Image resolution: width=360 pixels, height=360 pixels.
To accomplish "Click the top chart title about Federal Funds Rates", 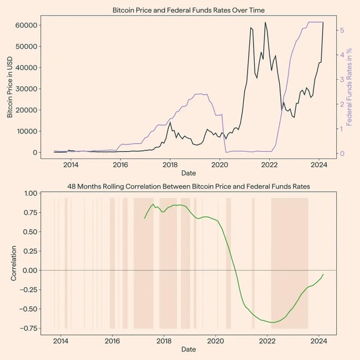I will click(x=188, y=11).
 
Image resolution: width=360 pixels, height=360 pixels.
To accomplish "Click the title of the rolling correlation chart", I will click(x=188, y=187).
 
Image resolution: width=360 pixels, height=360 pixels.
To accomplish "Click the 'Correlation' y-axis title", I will click(x=14, y=263).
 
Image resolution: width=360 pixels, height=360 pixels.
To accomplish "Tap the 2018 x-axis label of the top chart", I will click(x=170, y=164).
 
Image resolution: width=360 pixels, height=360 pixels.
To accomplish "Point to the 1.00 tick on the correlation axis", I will click(x=27, y=193).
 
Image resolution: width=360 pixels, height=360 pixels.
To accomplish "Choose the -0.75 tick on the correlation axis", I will click(x=26, y=328).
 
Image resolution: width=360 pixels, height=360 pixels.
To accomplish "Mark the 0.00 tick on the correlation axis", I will click(x=27, y=270).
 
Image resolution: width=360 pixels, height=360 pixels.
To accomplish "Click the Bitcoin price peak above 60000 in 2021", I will click(x=265, y=23).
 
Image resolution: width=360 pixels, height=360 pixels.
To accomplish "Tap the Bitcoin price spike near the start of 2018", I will click(x=170, y=122).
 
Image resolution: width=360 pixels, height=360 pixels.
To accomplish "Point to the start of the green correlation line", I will click(x=145, y=218).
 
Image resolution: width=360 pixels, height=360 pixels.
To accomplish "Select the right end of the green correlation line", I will click(x=323, y=274).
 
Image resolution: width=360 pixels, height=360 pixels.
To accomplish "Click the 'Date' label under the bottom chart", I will click(x=188, y=349).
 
